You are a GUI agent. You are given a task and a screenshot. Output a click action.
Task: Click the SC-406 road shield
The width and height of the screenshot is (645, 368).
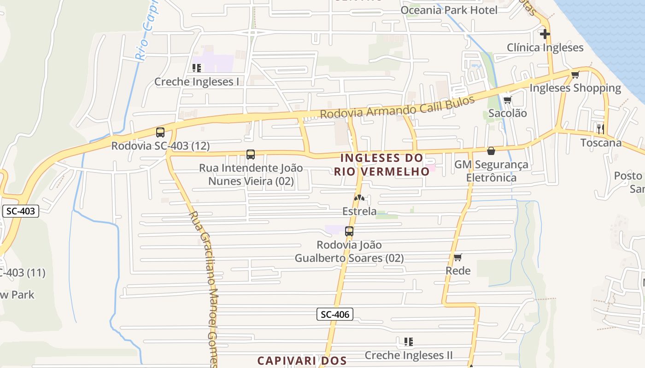coord(335,315)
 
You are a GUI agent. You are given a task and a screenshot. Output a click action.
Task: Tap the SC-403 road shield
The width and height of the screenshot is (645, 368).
coord(21,212)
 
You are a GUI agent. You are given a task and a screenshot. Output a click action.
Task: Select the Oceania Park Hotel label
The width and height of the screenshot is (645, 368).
coord(449,10)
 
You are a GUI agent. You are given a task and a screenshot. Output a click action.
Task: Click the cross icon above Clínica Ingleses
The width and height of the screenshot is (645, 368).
coord(545,34)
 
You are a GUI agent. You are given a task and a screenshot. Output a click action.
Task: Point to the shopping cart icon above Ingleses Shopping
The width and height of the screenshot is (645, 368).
coord(575,75)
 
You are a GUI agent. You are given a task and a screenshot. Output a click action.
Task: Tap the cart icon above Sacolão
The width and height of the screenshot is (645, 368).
coord(507,100)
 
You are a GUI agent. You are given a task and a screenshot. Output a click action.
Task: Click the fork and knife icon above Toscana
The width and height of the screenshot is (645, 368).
coord(600,129)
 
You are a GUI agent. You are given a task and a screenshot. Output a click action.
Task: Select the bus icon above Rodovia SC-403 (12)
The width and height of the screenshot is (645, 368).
coord(160,132)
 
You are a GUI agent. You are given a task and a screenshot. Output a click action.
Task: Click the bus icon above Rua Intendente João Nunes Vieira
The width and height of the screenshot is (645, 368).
coord(251,155)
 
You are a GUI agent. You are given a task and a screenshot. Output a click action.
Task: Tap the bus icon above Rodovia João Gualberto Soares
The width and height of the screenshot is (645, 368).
coord(349,231)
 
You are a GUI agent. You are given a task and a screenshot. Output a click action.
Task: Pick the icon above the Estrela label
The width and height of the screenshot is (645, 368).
coord(359,198)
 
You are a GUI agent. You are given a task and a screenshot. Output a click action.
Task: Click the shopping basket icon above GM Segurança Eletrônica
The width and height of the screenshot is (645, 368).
coord(491,151)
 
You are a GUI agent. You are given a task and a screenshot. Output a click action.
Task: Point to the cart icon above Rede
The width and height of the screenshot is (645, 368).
coord(457,257)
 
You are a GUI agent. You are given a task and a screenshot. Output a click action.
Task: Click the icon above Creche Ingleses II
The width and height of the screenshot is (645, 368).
coord(408,342)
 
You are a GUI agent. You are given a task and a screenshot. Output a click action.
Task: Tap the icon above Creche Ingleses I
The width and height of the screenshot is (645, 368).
coord(197,69)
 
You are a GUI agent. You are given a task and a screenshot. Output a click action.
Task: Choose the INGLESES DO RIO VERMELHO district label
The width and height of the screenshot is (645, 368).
coord(381,165)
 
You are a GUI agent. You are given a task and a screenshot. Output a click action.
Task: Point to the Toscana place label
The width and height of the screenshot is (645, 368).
coord(601,143)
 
